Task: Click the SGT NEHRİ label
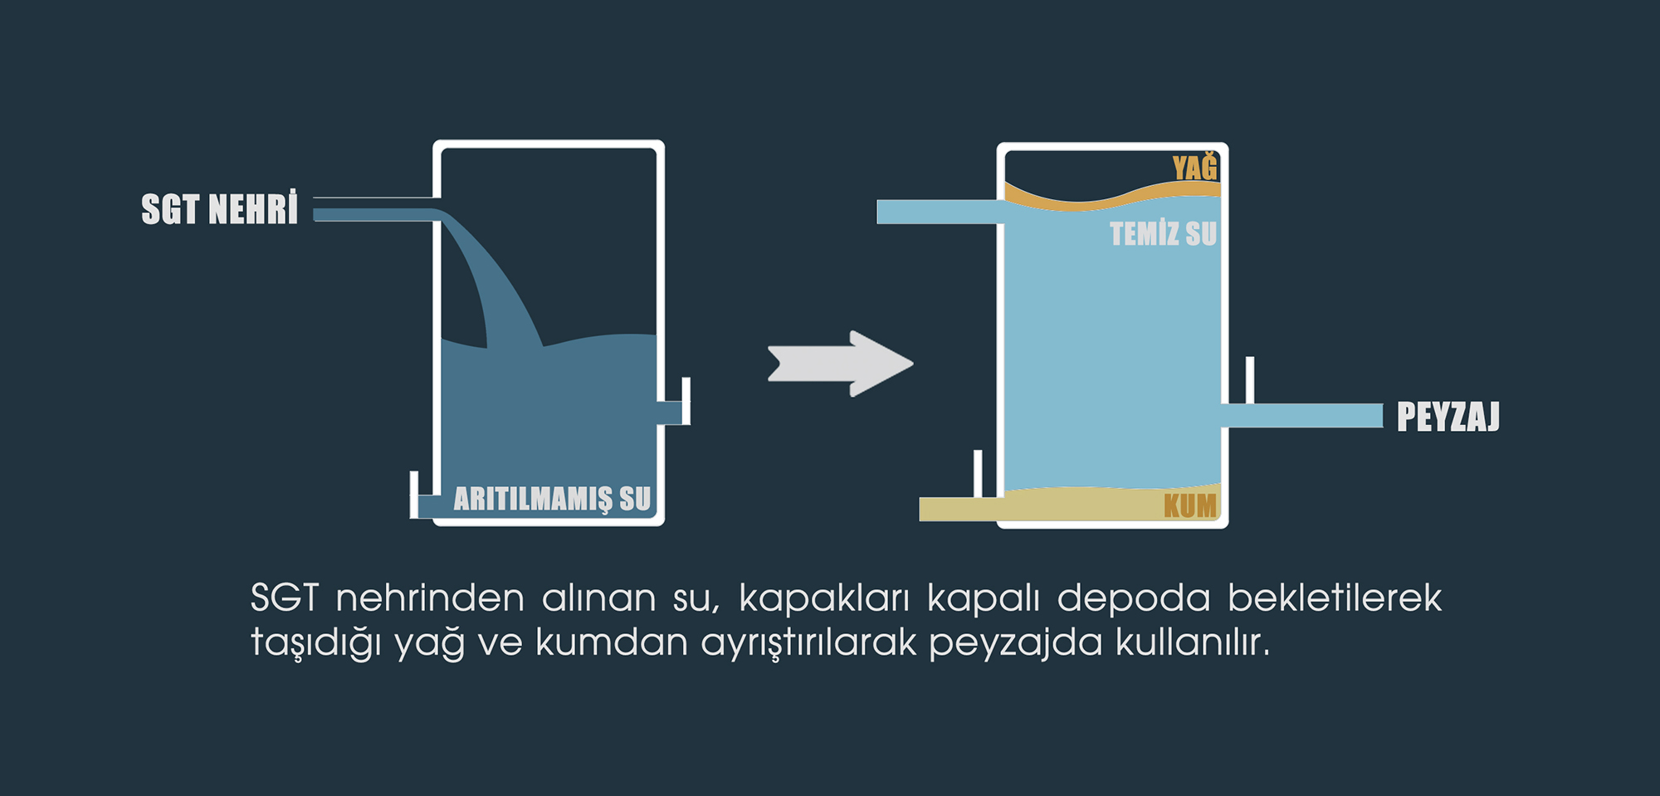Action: point(219,208)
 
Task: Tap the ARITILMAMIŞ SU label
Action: point(552,498)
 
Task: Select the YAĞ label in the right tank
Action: point(1194,166)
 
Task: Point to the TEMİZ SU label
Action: point(1164,233)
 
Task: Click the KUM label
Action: point(1190,505)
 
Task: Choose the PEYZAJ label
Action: point(1448,416)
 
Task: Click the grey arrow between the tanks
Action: point(840,364)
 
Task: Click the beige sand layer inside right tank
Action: point(1112,503)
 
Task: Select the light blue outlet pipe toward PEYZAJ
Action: point(1301,415)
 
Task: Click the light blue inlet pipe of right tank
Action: point(940,212)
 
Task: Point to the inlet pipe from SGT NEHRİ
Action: point(376,213)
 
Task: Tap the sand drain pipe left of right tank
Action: point(961,509)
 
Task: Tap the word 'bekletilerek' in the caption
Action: point(1335,598)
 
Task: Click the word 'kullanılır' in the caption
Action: point(1192,642)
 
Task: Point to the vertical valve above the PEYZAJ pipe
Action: point(1250,380)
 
